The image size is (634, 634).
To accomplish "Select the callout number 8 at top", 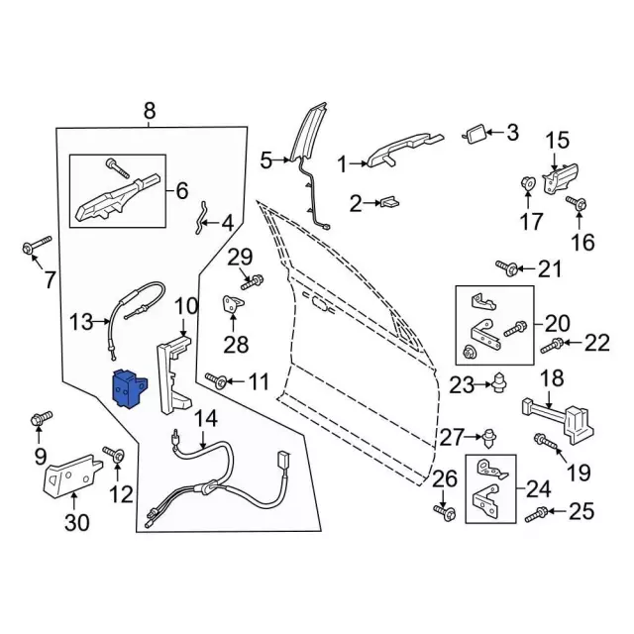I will tap(150, 111).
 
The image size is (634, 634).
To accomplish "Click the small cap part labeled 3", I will tap(475, 133).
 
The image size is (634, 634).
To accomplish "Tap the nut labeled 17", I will tap(528, 183).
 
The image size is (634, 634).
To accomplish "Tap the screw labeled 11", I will tap(216, 379).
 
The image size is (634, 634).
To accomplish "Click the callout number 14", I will tap(204, 419).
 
